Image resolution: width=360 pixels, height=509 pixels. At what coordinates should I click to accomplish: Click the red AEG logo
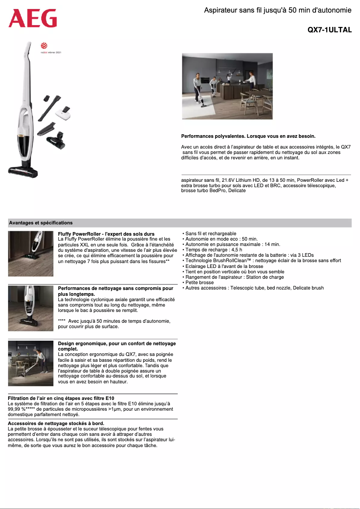[33, 18]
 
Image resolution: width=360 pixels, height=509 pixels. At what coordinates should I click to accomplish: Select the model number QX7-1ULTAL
[329, 30]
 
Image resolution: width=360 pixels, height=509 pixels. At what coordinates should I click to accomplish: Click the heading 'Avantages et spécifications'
[41, 223]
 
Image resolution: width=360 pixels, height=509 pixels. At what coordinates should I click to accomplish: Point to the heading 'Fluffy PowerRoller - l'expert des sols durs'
[106, 234]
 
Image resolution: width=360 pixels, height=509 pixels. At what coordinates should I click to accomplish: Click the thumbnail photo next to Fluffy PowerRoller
[31, 254]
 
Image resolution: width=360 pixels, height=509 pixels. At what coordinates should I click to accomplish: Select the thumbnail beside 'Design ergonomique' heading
[31, 363]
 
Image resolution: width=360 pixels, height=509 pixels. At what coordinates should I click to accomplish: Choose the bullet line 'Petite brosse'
[199, 282]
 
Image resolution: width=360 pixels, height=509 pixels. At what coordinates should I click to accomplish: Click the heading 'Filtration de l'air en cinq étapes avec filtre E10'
[61, 398]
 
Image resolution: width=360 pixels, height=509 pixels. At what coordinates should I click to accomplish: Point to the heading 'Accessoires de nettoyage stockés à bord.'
[56, 423]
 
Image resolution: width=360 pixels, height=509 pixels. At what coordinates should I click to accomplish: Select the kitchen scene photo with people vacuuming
[227, 86]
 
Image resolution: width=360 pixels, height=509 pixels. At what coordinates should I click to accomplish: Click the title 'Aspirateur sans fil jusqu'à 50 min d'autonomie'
[277, 10]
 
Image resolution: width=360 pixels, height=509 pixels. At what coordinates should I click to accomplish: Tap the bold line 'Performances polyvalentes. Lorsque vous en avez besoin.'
[248, 136]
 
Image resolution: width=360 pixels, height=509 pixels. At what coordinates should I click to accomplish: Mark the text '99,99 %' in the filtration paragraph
[16, 409]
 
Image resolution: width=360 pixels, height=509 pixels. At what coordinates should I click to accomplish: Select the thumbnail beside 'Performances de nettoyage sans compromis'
[31, 308]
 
